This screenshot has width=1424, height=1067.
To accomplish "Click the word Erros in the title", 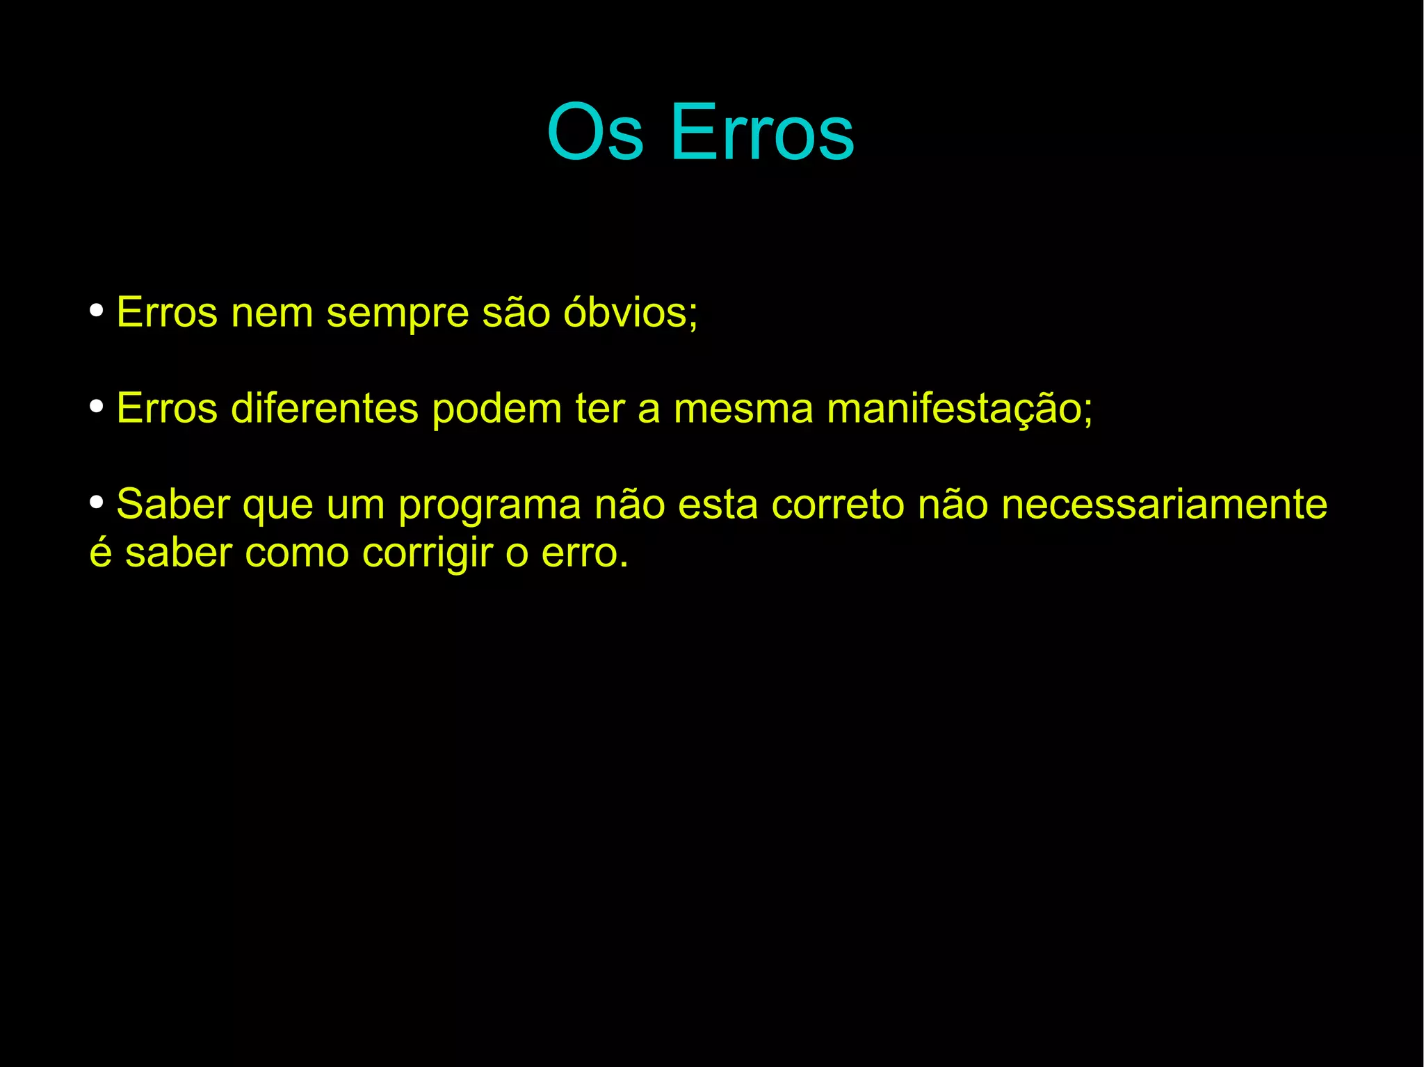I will pos(762,132).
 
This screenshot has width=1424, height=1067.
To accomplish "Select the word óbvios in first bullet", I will pos(629,312).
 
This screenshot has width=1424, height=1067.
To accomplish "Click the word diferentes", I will pos(324,408).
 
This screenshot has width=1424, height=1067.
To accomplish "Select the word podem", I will pos(496,408).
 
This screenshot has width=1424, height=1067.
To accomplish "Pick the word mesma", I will pos(743,409).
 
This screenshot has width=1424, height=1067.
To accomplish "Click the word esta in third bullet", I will pos(718,505).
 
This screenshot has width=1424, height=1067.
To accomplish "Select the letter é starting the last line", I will pos(101,553).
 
